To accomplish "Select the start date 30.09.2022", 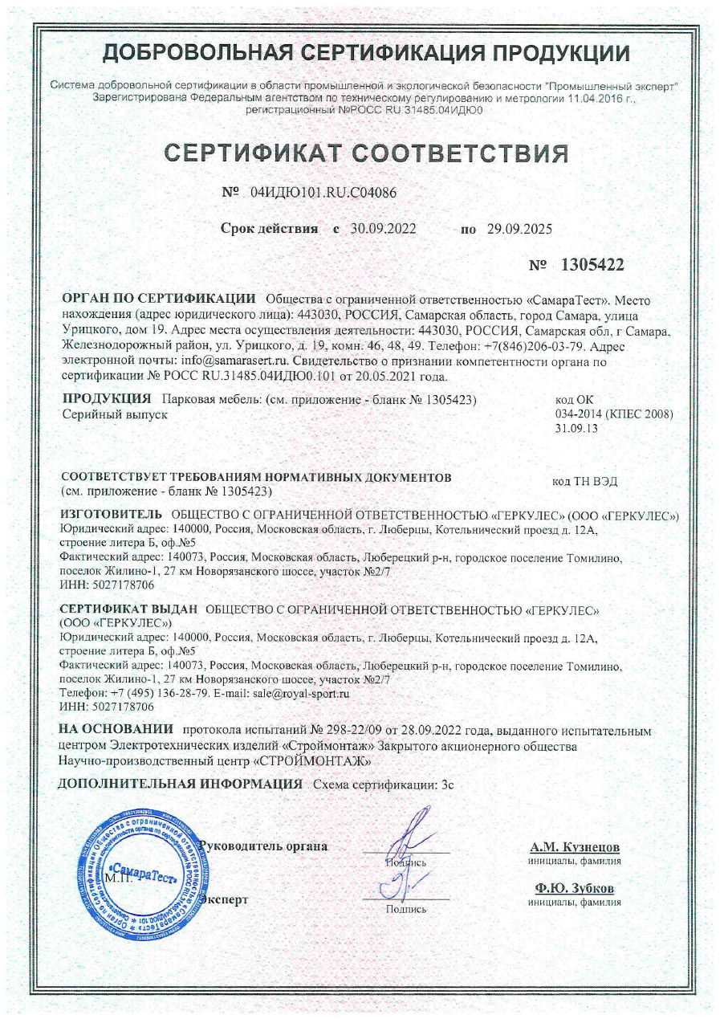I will coord(383,228).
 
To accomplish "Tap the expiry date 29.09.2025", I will coord(519,228).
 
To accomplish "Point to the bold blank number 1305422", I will coord(592,265).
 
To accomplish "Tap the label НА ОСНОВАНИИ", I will coord(116,730).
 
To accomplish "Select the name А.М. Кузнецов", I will coord(574,847).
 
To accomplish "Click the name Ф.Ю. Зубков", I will coord(574,889).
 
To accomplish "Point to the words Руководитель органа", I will coord(265,846).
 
